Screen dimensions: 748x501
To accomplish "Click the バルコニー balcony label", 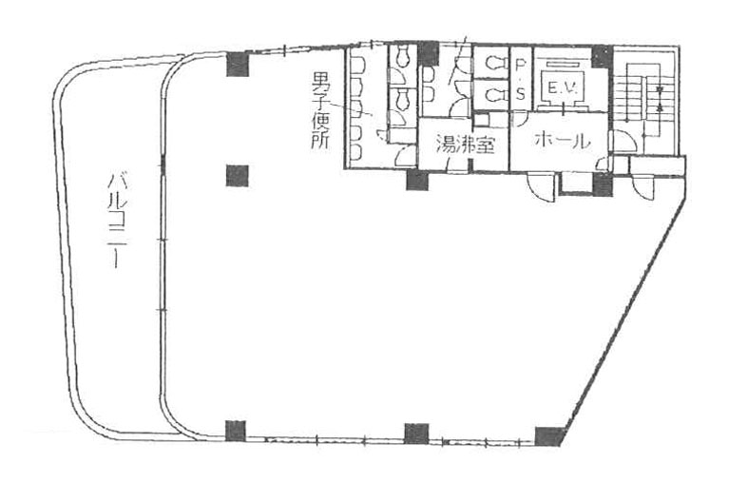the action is pyautogui.click(x=114, y=221).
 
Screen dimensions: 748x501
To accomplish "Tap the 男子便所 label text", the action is pyautogui.click(x=320, y=110).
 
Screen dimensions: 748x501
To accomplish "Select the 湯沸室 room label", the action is pyautogui.click(x=465, y=145).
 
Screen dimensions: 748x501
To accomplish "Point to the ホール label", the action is pyautogui.click(x=563, y=141).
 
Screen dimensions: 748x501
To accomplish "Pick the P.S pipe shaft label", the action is pyautogui.click(x=521, y=78).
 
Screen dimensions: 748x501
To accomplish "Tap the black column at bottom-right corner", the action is pyautogui.click(x=549, y=436).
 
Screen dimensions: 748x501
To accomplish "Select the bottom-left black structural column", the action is pyautogui.click(x=235, y=432).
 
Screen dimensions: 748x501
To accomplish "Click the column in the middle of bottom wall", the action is pyautogui.click(x=416, y=434).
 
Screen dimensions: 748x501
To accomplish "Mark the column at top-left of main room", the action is pyautogui.click(x=238, y=65).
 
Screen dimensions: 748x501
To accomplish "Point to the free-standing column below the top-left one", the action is pyautogui.click(x=237, y=176).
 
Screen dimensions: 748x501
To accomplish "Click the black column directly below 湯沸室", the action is pyautogui.click(x=417, y=181).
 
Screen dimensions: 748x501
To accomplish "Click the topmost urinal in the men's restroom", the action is pyautogui.click(x=357, y=65).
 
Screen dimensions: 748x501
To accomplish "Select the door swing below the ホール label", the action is pyautogui.click(x=541, y=187).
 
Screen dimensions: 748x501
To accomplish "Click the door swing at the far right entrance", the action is pyautogui.click(x=644, y=187).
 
